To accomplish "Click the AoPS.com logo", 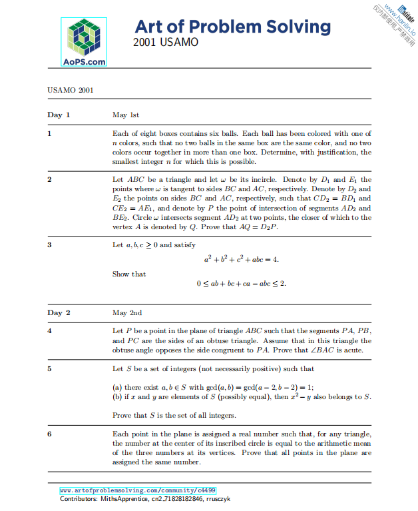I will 85,42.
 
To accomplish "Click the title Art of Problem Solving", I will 232,27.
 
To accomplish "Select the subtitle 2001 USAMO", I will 165,42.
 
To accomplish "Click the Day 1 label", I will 59,115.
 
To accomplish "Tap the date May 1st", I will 126,115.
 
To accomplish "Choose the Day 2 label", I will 59,312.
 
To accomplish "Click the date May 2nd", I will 127,312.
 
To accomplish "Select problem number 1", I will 49,133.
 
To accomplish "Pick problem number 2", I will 49,180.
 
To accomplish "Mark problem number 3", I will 49,245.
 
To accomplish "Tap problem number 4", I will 49,331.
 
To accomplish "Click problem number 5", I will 49,368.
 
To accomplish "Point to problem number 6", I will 49,434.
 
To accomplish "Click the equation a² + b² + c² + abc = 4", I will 241,259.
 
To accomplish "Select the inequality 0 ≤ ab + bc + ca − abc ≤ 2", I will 241,284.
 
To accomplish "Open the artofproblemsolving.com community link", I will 138,490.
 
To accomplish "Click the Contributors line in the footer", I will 144,499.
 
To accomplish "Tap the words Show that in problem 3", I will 129,274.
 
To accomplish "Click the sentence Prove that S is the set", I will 174,416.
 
